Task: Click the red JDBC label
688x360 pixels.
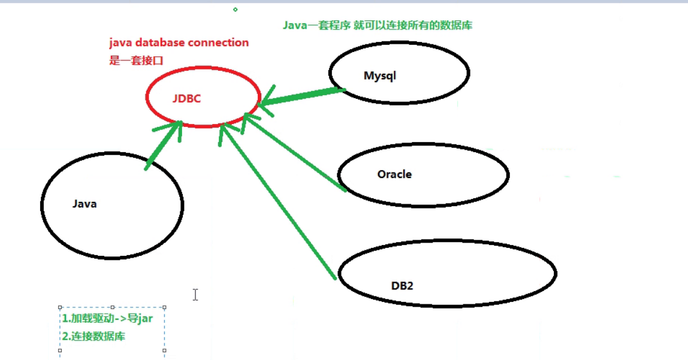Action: (186, 99)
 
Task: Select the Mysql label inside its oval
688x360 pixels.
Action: (380, 76)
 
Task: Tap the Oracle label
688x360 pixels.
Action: (394, 174)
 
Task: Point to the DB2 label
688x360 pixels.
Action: (402, 285)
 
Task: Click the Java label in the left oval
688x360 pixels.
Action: (85, 204)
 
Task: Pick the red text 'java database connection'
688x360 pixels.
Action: (179, 43)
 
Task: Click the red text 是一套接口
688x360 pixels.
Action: (136, 60)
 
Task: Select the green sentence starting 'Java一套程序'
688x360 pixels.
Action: (382, 26)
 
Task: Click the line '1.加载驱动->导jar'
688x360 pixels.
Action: (107, 319)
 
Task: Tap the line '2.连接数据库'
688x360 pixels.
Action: (93, 337)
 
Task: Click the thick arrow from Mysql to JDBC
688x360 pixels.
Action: (303, 96)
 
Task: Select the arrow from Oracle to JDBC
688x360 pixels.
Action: (297, 153)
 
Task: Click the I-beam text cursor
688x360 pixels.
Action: (195, 294)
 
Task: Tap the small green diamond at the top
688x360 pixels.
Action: (235, 10)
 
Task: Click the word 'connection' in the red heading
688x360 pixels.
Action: (218, 43)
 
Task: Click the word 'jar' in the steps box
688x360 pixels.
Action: (145, 319)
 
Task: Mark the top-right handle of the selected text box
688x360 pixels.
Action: (164, 307)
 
